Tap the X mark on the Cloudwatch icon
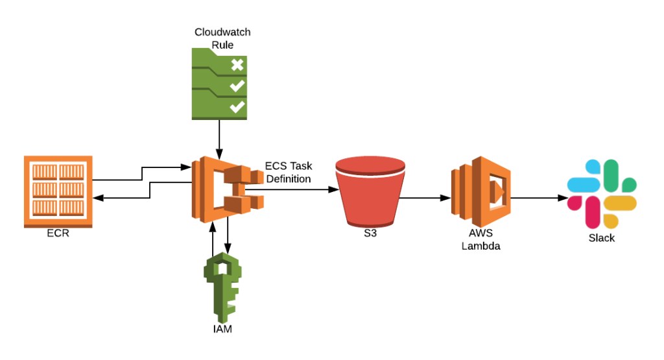pyautogui.click(x=237, y=64)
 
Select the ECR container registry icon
pyautogui.click(x=58, y=191)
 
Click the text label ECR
pyautogui.click(x=57, y=234)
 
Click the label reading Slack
pyautogui.click(x=601, y=238)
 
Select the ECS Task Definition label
pyautogui.click(x=288, y=172)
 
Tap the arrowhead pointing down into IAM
pyautogui.click(x=228, y=246)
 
